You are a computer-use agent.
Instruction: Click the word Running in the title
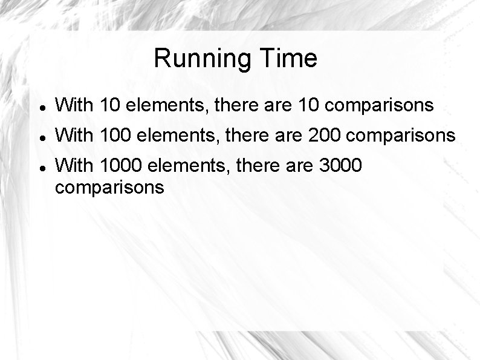[x=204, y=59]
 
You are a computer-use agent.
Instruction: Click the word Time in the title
[x=289, y=59]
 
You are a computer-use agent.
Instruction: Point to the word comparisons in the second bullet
[x=403, y=136]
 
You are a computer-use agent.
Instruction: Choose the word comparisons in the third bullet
[x=109, y=188]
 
